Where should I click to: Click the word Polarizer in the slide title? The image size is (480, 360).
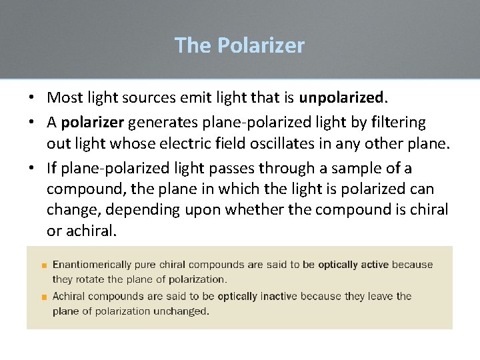point(261,45)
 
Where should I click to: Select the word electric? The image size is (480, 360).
point(171,144)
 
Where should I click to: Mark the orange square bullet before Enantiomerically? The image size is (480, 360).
point(43,266)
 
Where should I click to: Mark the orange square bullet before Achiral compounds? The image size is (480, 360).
point(43,297)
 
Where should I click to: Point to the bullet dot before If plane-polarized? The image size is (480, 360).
point(31,167)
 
